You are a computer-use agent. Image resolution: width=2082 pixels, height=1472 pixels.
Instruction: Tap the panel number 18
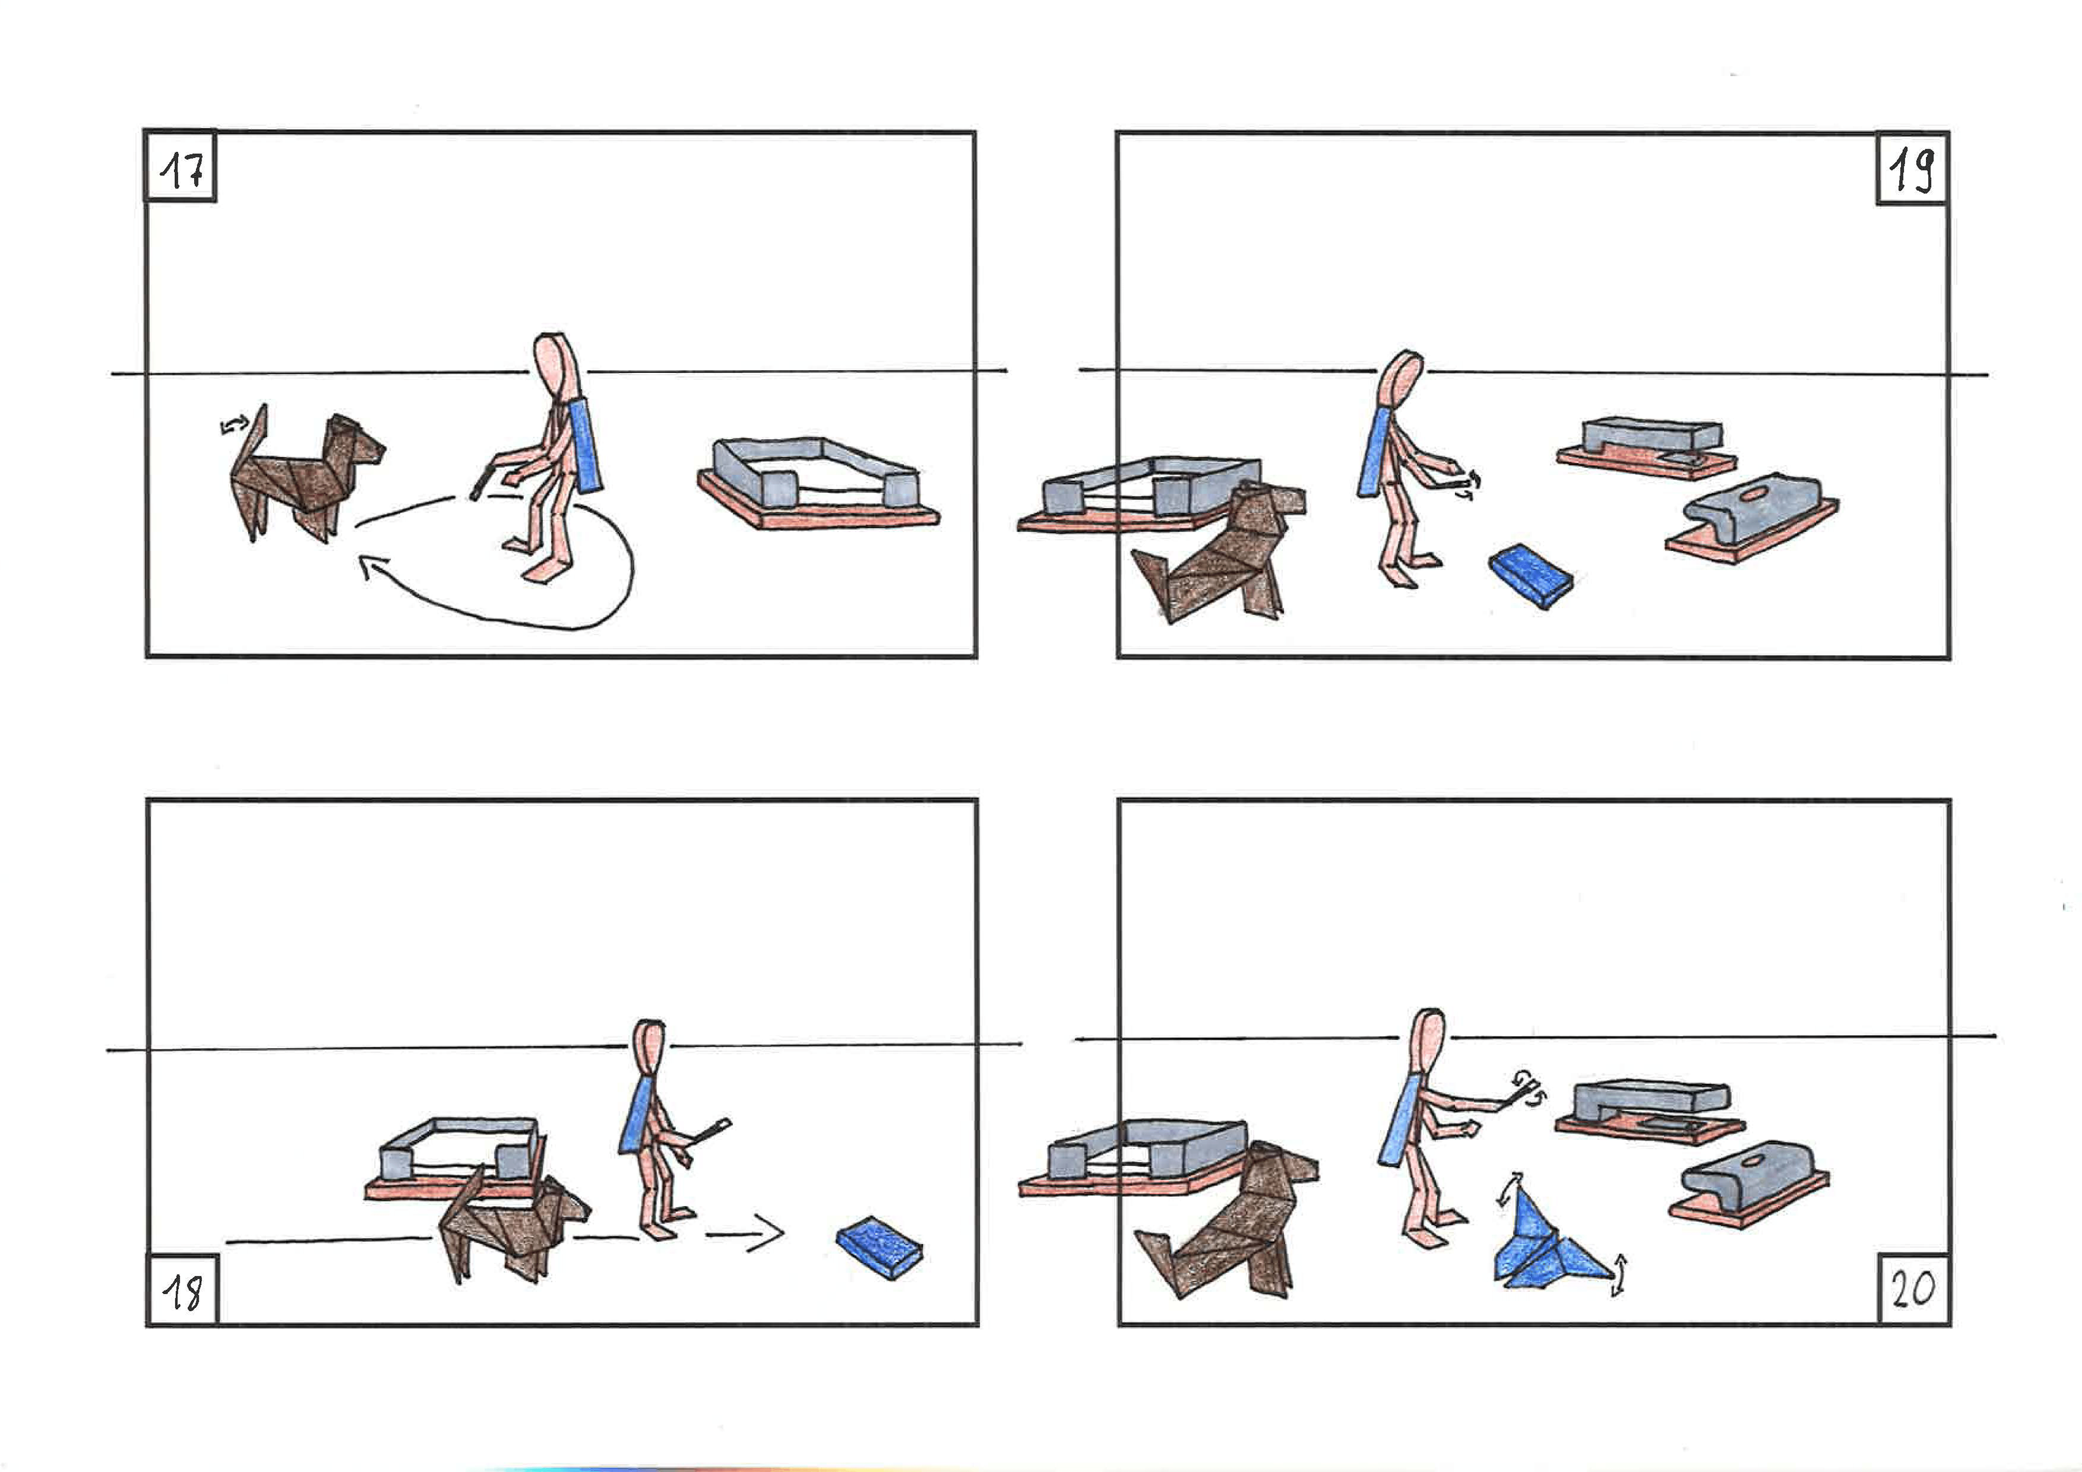[x=182, y=1291]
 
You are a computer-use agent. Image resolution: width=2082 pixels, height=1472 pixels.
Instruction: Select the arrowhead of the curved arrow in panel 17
[x=370, y=569]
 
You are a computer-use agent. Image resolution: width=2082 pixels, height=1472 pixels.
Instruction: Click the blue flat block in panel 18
[x=879, y=1247]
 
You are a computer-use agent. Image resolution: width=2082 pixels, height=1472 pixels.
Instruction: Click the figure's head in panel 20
[x=1430, y=1042]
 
